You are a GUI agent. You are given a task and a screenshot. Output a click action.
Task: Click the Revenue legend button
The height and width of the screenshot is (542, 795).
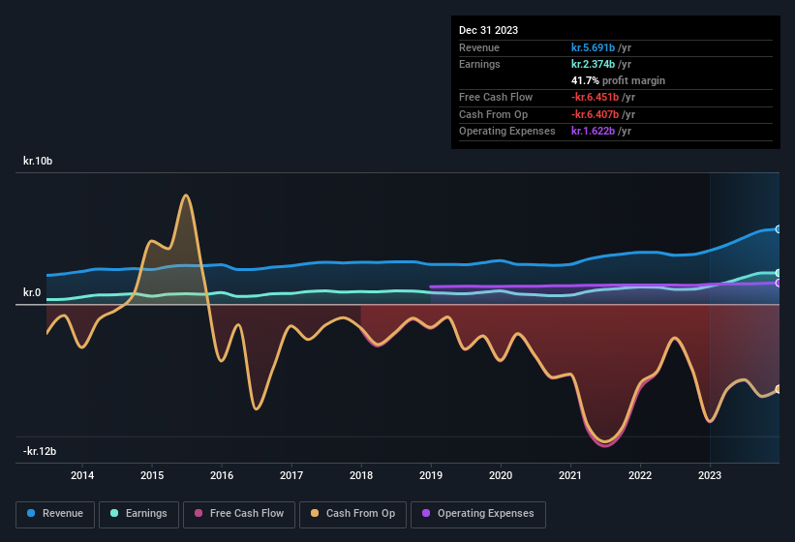coord(55,514)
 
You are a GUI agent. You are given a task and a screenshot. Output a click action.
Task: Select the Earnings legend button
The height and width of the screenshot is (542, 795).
coord(139,514)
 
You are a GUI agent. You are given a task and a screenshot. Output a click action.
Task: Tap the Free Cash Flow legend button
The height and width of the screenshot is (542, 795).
coord(239,514)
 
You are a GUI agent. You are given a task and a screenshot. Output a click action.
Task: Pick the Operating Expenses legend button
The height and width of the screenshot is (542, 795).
coord(478,514)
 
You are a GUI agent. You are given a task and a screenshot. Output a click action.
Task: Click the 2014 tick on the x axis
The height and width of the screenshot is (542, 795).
coord(82,475)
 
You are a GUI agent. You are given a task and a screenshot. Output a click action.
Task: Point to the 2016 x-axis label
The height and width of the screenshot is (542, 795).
coord(222,475)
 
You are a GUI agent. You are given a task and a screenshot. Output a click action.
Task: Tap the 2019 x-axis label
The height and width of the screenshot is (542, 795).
coord(431,475)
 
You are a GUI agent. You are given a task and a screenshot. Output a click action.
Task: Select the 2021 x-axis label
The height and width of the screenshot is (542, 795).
coord(570,475)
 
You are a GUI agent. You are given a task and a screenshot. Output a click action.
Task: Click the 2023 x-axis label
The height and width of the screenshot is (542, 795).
coord(710,475)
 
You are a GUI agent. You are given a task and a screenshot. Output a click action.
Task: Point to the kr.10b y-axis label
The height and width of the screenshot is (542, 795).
coord(38,161)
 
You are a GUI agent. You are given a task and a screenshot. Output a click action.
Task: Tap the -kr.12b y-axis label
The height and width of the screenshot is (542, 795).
coord(40,451)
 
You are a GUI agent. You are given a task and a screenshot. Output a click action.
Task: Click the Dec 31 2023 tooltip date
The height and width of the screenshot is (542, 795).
coord(488,30)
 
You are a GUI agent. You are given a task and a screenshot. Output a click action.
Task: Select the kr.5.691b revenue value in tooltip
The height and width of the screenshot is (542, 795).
coord(601,47)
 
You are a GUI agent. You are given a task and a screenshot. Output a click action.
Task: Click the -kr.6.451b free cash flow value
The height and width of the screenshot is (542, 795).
coord(603,98)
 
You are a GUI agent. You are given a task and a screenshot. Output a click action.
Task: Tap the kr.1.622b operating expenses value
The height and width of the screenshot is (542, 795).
coord(601,131)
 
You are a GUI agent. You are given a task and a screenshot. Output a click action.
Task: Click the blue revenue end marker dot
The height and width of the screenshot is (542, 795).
coord(779,229)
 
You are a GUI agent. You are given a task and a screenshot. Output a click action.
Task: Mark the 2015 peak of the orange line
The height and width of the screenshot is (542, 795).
coord(185,196)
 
